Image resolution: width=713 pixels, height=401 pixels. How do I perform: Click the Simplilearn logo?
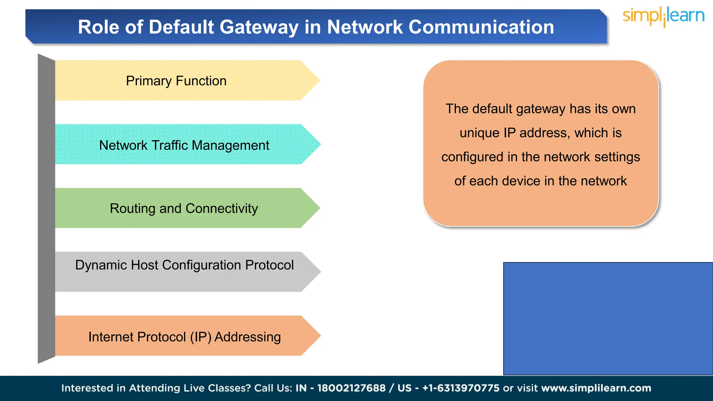pyautogui.click(x=663, y=16)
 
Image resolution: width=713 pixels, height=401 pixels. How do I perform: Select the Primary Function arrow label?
pyautogui.click(x=176, y=81)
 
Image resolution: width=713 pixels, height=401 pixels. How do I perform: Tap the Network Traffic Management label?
pyautogui.click(x=184, y=145)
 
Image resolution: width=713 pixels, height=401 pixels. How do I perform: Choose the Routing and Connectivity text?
pyautogui.click(x=184, y=209)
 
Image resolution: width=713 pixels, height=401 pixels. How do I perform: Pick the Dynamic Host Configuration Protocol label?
pyautogui.click(x=185, y=265)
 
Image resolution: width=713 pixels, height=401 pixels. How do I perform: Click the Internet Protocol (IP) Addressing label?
pyautogui.click(x=185, y=337)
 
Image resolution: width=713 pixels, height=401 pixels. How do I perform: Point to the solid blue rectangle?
pyautogui.click(x=608, y=319)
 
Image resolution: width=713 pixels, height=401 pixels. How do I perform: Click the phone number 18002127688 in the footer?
pyautogui.click(x=351, y=388)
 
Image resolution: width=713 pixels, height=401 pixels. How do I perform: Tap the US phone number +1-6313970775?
pyautogui.click(x=461, y=388)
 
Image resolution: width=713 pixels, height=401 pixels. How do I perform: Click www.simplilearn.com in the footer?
pyautogui.click(x=596, y=388)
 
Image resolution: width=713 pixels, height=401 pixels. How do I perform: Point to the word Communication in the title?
pyautogui.click(x=481, y=27)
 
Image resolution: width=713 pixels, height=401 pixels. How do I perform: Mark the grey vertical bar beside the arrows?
pyautogui.click(x=46, y=209)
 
